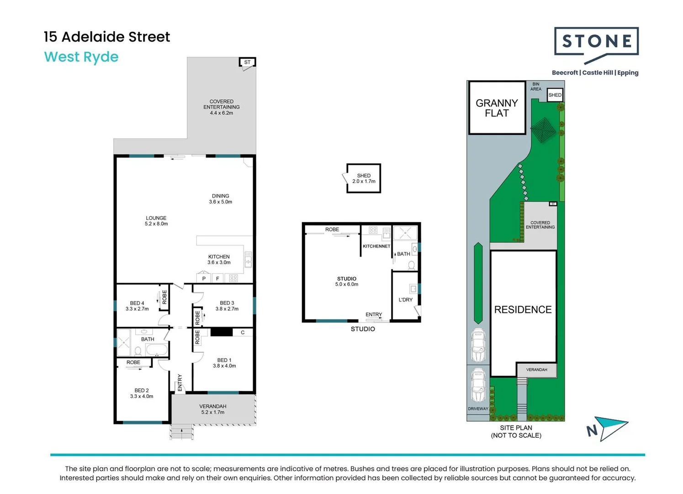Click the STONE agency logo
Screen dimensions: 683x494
click(596, 45)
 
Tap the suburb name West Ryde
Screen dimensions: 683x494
click(81, 57)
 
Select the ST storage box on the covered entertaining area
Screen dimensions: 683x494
click(247, 62)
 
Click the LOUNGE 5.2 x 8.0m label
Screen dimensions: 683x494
click(156, 221)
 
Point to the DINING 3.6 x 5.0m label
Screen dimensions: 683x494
click(221, 199)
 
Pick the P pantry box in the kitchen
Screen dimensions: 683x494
click(204, 278)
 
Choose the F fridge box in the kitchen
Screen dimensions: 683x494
click(217, 278)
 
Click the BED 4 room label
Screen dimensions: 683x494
click(137, 306)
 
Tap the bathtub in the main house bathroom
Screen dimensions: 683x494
click(156, 349)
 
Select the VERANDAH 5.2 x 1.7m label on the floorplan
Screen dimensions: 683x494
click(213, 409)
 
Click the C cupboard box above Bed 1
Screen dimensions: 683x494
click(243, 333)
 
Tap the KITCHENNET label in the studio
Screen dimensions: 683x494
click(376, 246)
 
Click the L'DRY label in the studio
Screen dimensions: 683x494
click(406, 300)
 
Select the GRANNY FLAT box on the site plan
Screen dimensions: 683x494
click(497, 107)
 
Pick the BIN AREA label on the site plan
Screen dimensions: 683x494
click(536, 86)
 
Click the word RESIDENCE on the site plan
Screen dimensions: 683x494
click(523, 310)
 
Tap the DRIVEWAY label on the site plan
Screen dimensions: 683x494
click(478, 408)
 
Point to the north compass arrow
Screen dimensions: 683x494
click(607, 428)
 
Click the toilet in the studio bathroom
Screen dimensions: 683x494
click(411, 265)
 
